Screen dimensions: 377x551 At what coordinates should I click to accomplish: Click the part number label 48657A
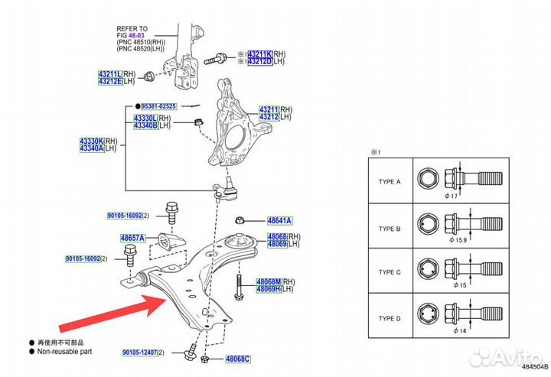tap(132, 239)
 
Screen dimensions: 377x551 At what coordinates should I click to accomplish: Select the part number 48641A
tap(279, 221)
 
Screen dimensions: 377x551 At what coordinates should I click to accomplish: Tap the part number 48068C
tap(237, 358)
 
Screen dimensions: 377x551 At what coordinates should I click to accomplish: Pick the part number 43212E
tap(112, 81)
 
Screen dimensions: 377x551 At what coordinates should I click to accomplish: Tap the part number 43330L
tap(145, 118)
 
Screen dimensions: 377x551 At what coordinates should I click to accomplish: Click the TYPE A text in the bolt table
tap(389, 181)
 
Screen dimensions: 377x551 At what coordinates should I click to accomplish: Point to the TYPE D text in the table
tap(389, 317)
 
